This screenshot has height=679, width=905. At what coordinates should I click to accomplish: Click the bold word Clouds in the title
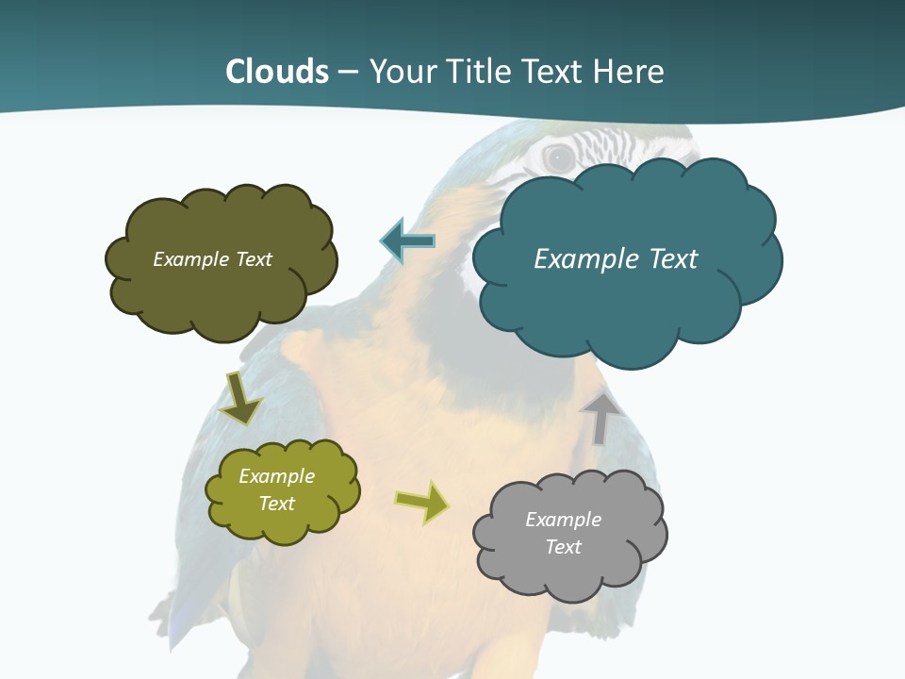point(277,72)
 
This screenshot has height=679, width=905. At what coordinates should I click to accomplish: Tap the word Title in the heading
point(479,72)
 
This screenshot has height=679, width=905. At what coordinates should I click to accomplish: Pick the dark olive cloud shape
point(222,292)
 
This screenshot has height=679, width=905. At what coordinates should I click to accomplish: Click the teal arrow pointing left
point(407,241)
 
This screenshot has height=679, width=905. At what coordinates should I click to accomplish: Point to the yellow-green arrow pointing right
point(422,502)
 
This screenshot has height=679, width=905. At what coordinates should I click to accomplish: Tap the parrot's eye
point(560,158)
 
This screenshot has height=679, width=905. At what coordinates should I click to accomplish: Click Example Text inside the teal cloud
point(616,258)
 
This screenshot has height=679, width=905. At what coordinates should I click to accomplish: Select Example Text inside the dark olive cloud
point(212,258)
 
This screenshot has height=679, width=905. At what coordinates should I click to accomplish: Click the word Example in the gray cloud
point(563,520)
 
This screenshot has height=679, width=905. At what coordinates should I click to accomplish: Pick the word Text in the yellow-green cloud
point(276,504)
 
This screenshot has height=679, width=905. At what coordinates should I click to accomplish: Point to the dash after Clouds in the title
point(348,72)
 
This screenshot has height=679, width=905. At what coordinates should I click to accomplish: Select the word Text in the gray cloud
point(563,547)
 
